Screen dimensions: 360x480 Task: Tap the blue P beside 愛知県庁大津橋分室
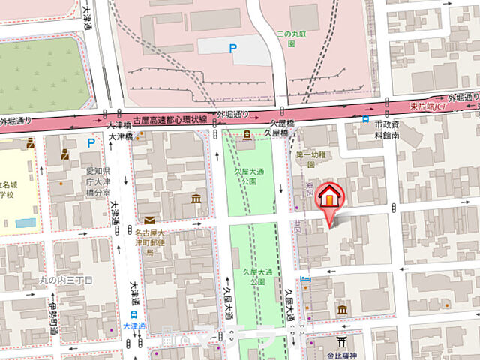(x=91, y=142)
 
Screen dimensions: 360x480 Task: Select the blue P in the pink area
(x=232, y=49)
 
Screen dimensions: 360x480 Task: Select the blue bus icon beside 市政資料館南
(x=365, y=118)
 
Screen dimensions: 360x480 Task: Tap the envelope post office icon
(x=150, y=220)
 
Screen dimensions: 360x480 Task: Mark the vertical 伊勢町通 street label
(x=52, y=314)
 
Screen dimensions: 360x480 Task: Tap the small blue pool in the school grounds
(x=25, y=223)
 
